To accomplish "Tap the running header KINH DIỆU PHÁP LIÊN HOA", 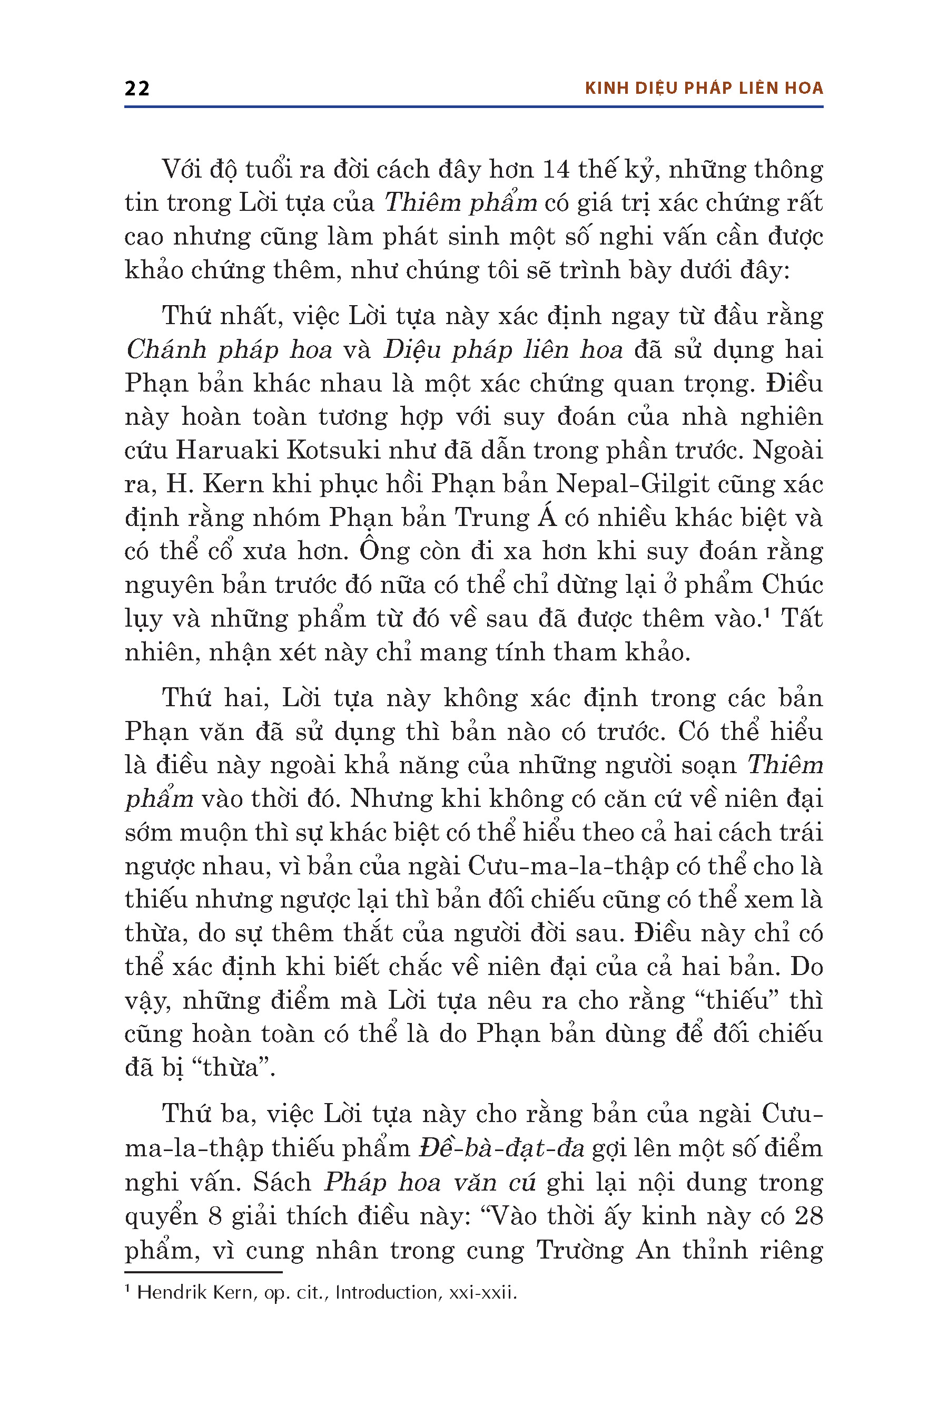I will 704,89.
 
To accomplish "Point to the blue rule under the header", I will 474,107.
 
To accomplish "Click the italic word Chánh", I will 166,350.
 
